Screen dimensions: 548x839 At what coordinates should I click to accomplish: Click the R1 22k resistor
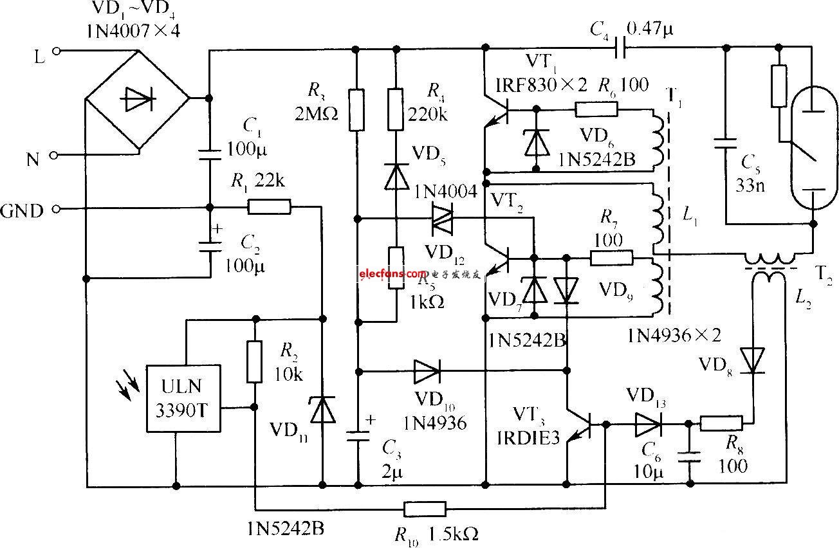coord(268,206)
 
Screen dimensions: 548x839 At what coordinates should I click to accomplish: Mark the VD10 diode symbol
coord(426,370)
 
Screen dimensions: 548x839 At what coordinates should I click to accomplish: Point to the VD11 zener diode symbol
coord(322,410)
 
